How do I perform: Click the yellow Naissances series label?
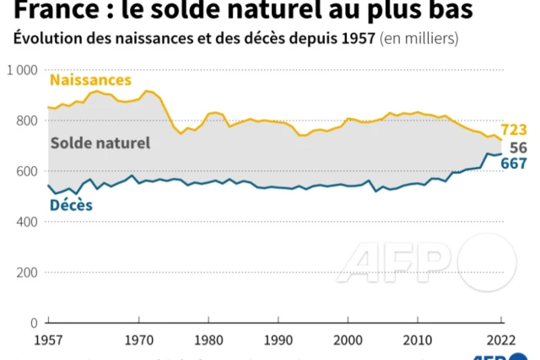(91, 80)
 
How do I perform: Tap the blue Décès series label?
(71, 204)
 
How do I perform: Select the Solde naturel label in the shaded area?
(100, 142)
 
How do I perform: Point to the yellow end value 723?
(514, 130)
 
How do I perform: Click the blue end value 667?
(514, 164)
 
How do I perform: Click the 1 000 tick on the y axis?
(22, 70)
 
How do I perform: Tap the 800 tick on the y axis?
(26, 121)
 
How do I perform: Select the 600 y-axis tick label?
(26, 171)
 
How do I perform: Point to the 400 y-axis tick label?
(26, 222)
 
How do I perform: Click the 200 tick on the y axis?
(26, 272)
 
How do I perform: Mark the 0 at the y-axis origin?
(33, 323)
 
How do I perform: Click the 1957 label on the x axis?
(46, 342)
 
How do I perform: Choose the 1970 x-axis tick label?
(138, 342)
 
